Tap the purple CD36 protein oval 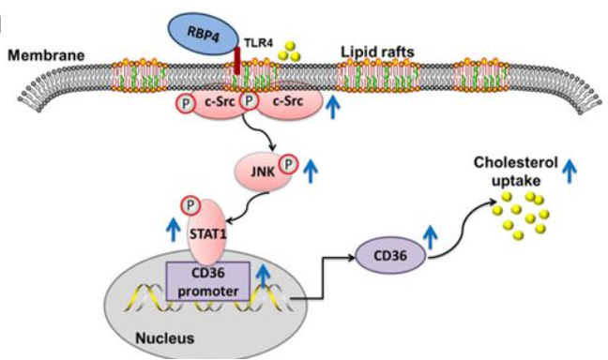(388, 252)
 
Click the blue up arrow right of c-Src (332, 106)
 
